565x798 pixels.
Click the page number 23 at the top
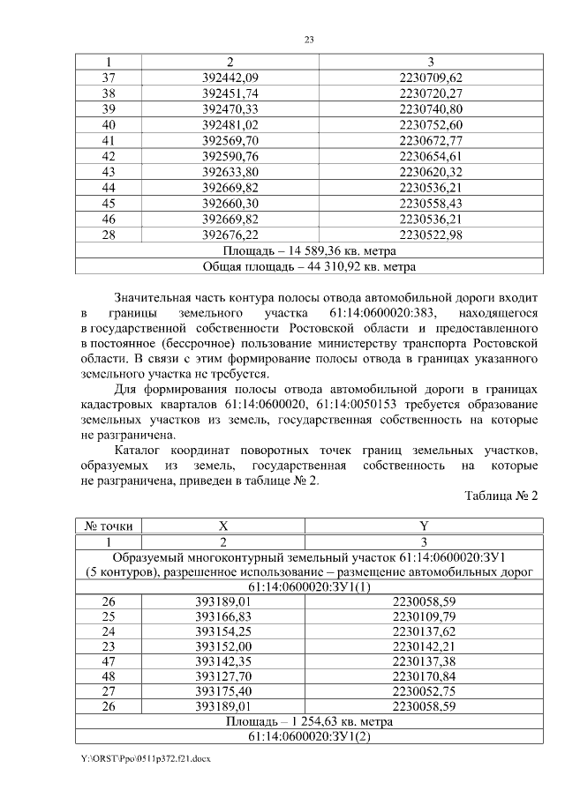coord(309,40)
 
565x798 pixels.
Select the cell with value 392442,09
coord(230,78)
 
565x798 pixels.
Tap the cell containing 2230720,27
coord(431,93)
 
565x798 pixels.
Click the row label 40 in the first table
coord(109,124)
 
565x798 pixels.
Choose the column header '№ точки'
coord(109,526)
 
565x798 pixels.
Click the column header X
coord(222,526)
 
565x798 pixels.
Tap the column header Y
coord(424,526)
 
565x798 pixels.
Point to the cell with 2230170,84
coord(424,677)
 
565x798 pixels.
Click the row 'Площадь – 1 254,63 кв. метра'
coord(309,721)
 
